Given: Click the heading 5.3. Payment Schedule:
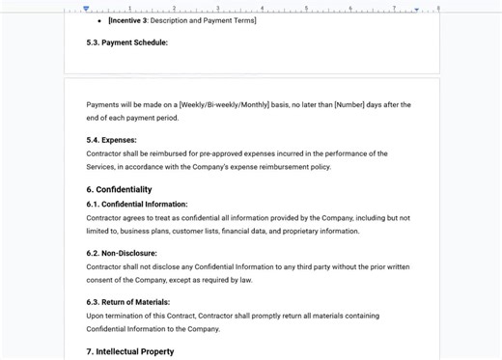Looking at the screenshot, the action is (x=126, y=42).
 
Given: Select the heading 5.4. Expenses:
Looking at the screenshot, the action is (x=111, y=140).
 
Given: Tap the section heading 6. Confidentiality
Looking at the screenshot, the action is (x=119, y=190).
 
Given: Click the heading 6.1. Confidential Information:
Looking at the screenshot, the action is (x=137, y=205).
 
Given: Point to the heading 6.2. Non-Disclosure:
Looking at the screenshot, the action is (x=122, y=254).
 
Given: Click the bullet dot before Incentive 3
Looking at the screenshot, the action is (x=99, y=20).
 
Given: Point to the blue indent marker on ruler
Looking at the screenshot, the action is (x=86, y=9).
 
